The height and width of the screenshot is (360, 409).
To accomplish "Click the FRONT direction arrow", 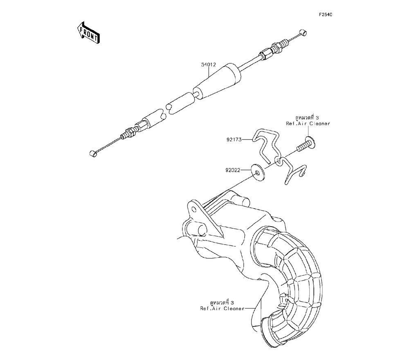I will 88,32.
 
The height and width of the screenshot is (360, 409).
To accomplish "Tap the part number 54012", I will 208,65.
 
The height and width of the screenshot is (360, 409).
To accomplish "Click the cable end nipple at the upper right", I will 303,32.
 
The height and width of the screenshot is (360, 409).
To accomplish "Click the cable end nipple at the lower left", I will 92,153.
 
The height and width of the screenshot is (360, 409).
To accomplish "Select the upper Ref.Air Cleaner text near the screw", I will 308,124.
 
